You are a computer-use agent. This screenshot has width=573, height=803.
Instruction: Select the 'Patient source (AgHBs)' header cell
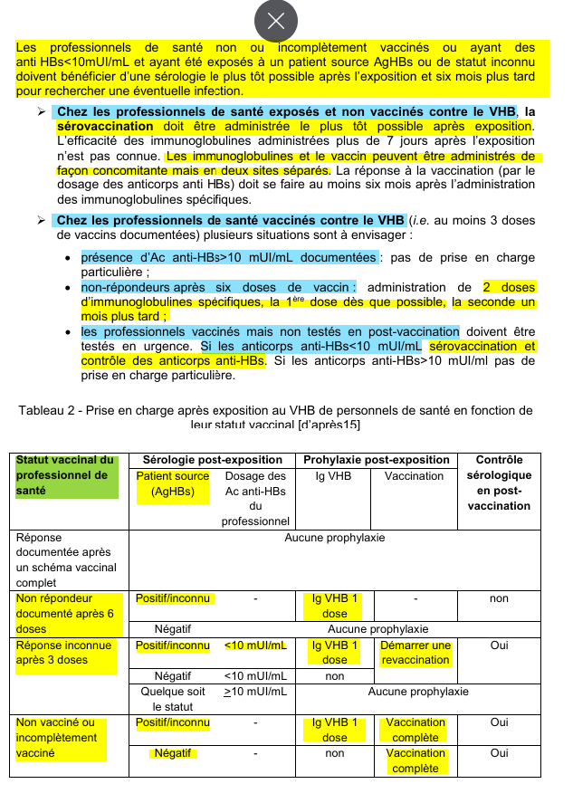coord(172,483)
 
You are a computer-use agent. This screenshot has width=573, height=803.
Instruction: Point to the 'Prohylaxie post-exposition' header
coord(377,459)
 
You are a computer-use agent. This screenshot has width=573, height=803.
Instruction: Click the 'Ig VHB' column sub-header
coord(334,475)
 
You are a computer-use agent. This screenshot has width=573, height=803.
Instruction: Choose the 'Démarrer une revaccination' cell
coord(415,653)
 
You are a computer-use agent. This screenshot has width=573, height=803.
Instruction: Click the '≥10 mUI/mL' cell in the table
coord(255,692)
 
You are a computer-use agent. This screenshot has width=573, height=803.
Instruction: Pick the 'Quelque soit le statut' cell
coord(173,699)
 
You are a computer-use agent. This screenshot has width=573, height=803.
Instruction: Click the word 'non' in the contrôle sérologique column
coord(499,598)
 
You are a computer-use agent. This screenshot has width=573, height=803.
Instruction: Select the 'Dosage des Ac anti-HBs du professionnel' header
coord(255,498)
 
